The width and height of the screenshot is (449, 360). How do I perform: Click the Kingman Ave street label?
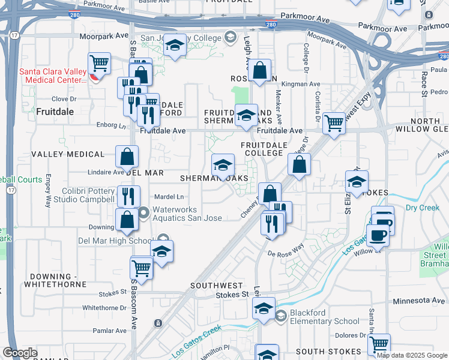(x=301, y=85)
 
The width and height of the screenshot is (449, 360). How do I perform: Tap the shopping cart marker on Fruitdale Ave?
(x=334, y=123)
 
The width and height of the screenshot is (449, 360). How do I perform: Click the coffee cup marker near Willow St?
(x=378, y=235)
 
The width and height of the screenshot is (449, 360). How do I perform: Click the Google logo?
(x=20, y=353)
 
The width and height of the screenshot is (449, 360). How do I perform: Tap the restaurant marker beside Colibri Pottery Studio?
(x=128, y=196)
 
